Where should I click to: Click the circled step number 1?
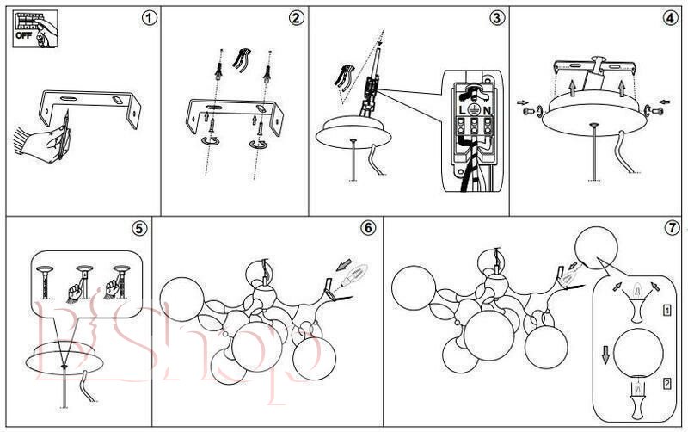pos(150,18)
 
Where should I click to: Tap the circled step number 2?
pos(296,18)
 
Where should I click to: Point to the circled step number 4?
pos(670,18)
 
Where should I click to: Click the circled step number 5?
pos(138,229)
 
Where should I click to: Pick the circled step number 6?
pos(367,229)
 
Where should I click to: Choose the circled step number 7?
pos(672,229)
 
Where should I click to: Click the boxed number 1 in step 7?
pos(667,307)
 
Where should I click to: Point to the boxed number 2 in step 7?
pos(667,384)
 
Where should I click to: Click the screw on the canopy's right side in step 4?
pos(660,109)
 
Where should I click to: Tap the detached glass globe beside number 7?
pos(598,248)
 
